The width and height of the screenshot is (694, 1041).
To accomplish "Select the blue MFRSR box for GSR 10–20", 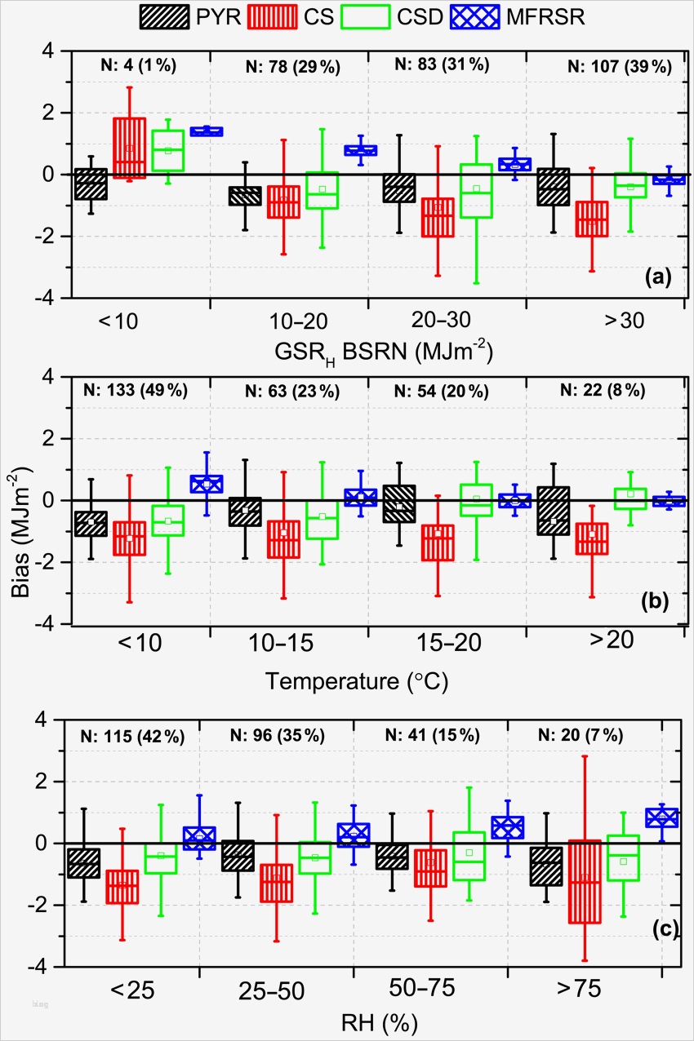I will tap(360, 150).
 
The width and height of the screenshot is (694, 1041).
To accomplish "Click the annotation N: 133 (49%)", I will tap(136, 391).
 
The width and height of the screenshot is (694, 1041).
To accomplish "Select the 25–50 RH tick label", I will tap(272, 990).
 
